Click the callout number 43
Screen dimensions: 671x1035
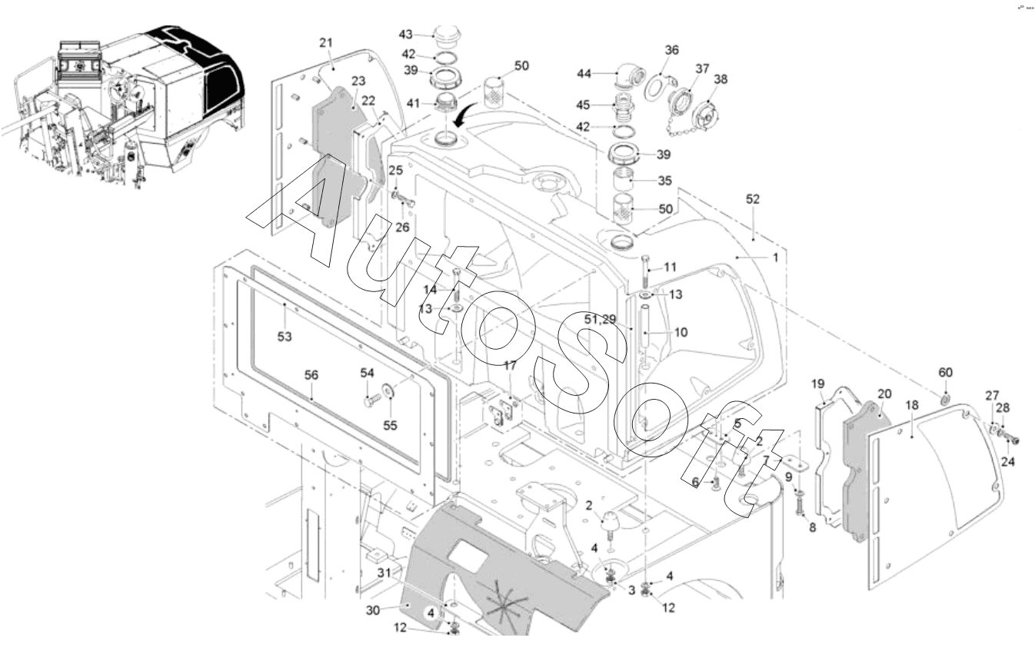[x=406, y=35]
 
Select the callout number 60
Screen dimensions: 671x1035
[x=945, y=373]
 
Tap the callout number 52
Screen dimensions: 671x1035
[x=752, y=199]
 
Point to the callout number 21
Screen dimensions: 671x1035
[x=326, y=43]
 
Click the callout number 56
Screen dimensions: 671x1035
[x=311, y=375]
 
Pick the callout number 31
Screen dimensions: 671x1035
[x=384, y=572]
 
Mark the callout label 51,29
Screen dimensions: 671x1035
[x=600, y=319]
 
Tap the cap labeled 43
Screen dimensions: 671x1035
[x=446, y=35]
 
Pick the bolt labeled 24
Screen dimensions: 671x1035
[x=1010, y=440]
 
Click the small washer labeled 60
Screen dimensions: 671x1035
[x=944, y=400]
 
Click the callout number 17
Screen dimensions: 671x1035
[x=510, y=365]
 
